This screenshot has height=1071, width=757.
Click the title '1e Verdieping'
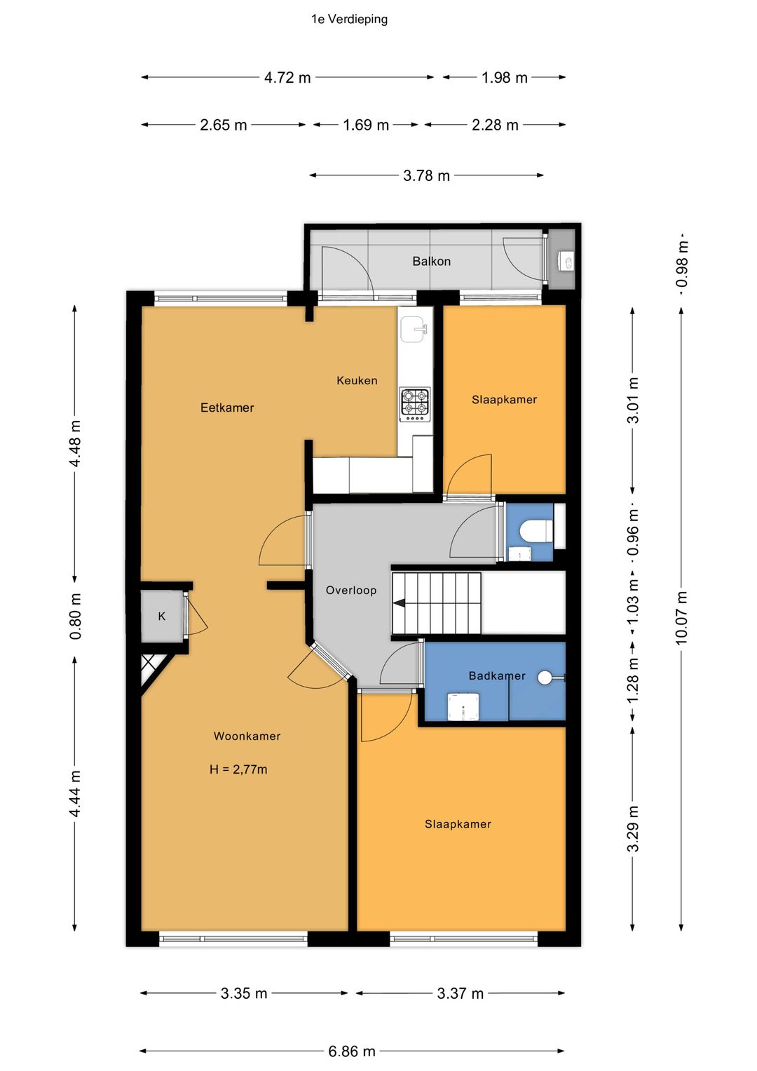pyautogui.click(x=349, y=20)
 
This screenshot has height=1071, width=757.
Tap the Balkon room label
pyautogui.click(x=432, y=261)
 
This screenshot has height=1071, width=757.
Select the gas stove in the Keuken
pyautogui.click(x=415, y=405)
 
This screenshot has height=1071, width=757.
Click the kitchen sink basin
pyautogui.click(x=414, y=330)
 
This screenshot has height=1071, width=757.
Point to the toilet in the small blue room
pyautogui.click(x=536, y=531)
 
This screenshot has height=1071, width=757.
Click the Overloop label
pyautogui.click(x=351, y=591)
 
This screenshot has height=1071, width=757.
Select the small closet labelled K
pyautogui.click(x=161, y=617)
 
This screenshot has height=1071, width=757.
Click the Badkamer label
pyautogui.click(x=496, y=675)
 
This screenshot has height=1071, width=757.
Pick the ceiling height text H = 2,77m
pyautogui.click(x=238, y=769)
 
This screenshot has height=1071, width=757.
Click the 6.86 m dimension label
pyautogui.click(x=352, y=1051)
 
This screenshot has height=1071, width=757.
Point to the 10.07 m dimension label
pyautogui.click(x=681, y=618)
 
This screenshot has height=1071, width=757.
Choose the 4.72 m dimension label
pyautogui.click(x=287, y=77)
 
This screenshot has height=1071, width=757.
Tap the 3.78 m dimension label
pyautogui.click(x=426, y=175)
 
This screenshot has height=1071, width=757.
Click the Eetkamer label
pyautogui.click(x=227, y=407)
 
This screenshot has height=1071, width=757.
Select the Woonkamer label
pyautogui.click(x=247, y=736)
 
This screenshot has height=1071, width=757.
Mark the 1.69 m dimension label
pyautogui.click(x=366, y=126)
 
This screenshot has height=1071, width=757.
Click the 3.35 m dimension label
pyautogui.click(x=244, y=994)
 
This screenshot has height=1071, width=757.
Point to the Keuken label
pyautogui.click(x=357, y=381)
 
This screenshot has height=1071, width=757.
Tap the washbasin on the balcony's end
pyautogui.click(x=566, y=261)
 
